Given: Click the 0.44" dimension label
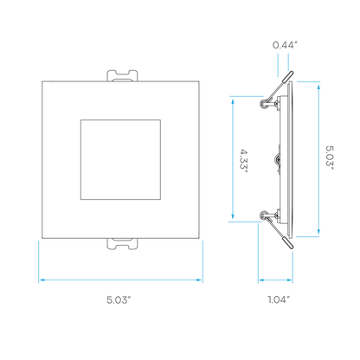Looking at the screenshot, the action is click(x=285, y=45).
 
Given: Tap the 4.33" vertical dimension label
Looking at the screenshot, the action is click(x=244, y=161).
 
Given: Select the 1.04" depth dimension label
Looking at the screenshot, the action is click(x=279, y=299).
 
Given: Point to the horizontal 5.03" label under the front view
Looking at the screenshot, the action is click(x=119, y=299).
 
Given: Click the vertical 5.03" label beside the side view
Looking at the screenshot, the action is click(x=330, y=157).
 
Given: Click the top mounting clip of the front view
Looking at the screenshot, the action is click(x=122, y=75).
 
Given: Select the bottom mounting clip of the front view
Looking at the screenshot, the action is click(x=122, y=244).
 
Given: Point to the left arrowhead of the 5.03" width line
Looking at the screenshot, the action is click(x=42, y=280).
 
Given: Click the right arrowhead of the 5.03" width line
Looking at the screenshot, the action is click(x=199, y=280).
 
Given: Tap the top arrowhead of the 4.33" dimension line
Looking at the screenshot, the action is click(x=233, y=100).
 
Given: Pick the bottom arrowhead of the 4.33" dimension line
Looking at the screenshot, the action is click(x=233, y=216).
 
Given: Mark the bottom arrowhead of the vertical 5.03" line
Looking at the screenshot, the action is click(x=318, y=232).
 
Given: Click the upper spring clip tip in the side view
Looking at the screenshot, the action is click(x=288, y=76).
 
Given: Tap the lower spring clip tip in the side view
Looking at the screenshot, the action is click(x=288, y=243).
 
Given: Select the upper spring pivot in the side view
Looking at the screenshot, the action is click(x=264, y=104).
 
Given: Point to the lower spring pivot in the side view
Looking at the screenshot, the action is click(x=264, y=215).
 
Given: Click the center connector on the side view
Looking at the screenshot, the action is click(x=278, y=159).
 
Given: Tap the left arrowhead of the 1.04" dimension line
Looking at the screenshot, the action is click(x=261, y=280).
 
